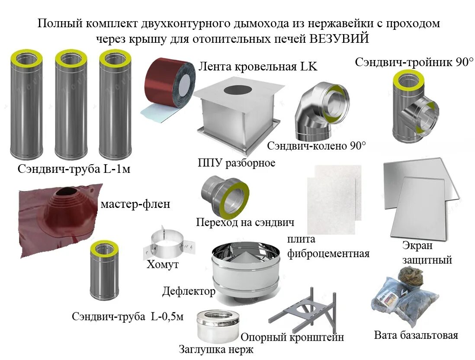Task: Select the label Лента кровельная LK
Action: (258, 67)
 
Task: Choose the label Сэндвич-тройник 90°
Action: (414, 62)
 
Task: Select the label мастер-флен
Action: (135, 204)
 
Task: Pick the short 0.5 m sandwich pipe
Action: (104, 272)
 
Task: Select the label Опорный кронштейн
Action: (292, 337)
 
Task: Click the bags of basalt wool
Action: (402, 298)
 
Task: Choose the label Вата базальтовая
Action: (416, 335)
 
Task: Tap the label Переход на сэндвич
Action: (245, 223)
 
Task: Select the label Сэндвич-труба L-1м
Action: (74, 169)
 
